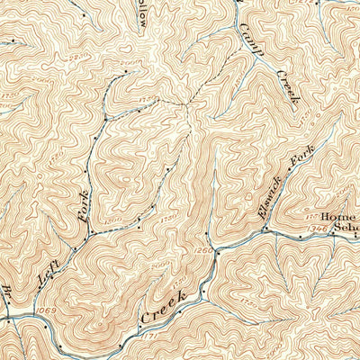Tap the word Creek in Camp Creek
point(286,87)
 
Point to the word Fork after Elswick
point(299,159)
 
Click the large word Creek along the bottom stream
point(163,306)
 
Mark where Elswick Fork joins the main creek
point(263,231)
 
